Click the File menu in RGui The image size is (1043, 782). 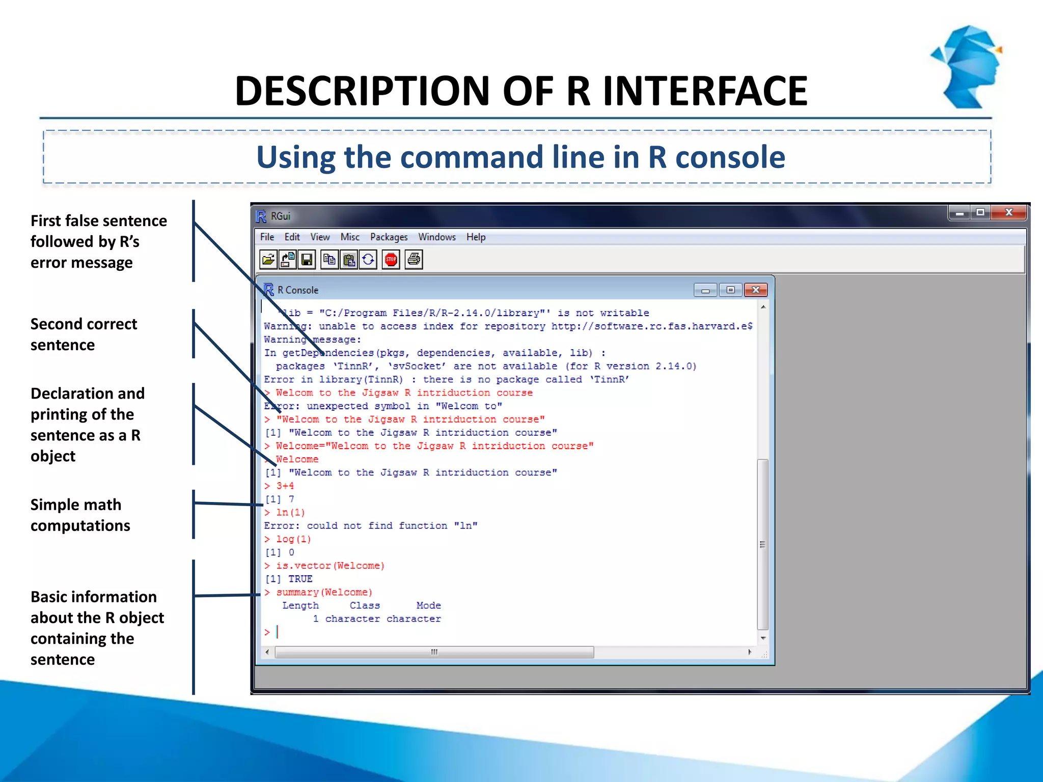coord(267,237)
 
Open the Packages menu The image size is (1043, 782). coord(389,237)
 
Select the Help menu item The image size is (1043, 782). coord(476,237)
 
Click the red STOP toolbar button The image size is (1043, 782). coord(391,260)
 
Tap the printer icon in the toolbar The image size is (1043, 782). coord(414,260)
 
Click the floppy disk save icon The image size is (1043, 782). coord(307,260)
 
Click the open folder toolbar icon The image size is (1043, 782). coord(268,260)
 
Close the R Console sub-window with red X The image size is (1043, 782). coord(755,290)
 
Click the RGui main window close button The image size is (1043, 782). coord(1008,212)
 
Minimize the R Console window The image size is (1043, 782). coord(705,290)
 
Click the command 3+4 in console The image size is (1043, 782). coord(285,486)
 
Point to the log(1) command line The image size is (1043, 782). coord(293,539)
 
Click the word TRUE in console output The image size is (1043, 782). coord(300,579)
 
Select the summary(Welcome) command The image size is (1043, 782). coord(324,592)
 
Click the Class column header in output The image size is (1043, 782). coord(365,605)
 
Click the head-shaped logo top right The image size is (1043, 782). coord(967,66)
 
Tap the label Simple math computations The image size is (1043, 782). coord(80,515)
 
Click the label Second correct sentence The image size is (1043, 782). coord(84,334)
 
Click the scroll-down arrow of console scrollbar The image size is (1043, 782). coord(763,638)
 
